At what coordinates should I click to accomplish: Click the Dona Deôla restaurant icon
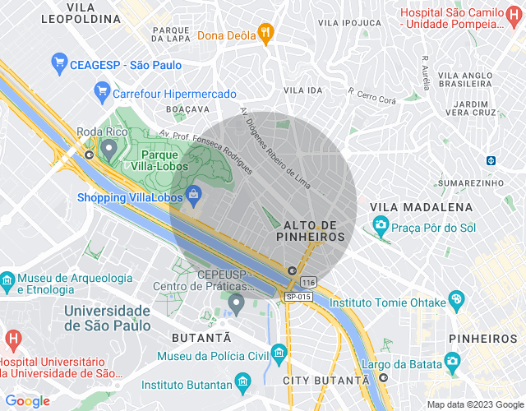pos(264,35)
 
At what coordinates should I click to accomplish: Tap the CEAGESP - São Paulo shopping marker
pos(58,62)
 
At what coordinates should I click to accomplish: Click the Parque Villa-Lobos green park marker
pos(109,148)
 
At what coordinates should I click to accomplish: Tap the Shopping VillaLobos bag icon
pos(193,195)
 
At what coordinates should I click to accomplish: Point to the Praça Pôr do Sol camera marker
pos(381,224)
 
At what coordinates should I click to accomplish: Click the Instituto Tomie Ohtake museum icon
pos(456,301)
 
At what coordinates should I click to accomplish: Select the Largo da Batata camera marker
pos(451,361)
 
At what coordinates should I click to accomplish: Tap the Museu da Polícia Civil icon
pos(279,354)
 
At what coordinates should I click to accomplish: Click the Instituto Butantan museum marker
pos(242,382)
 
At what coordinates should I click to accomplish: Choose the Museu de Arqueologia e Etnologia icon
pos(7,279)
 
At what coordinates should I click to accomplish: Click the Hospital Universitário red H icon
pos(12,339)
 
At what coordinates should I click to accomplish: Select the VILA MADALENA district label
pos(422,207)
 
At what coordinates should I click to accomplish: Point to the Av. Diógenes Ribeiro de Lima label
pos(276,146)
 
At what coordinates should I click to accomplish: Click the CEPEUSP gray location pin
pos(237,305)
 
